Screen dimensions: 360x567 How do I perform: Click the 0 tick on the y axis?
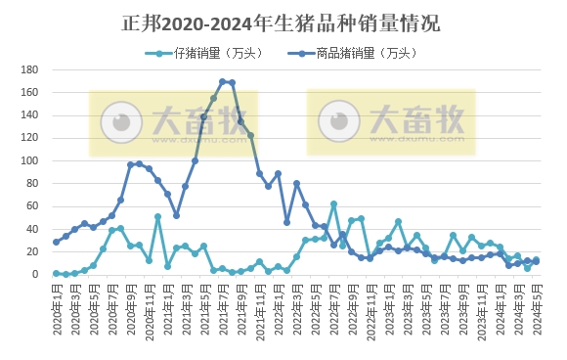click(x=34, y=275)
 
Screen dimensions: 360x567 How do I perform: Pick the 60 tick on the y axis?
click(x=31, y=206)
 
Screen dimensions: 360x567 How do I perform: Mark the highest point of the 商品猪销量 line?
click(x=223, y=81)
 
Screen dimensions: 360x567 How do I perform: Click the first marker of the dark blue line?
click(x=56, y=242)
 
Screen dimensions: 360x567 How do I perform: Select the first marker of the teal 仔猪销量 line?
click(x=56, y=273)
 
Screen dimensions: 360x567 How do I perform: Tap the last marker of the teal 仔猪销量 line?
click(x=536, y=260)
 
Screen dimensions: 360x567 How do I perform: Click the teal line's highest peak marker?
click(x=333, y=203)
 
